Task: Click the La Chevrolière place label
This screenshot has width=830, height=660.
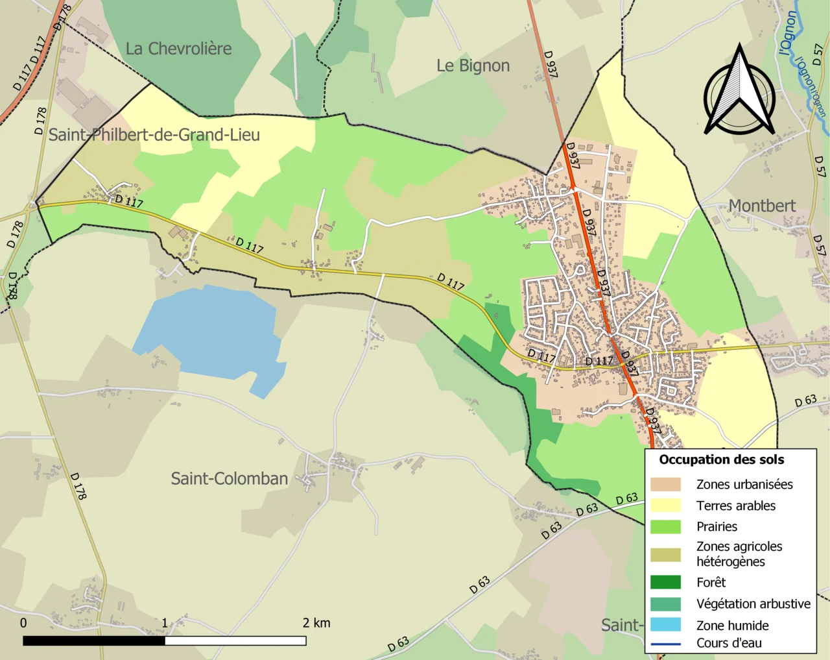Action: click(x=178, y=49)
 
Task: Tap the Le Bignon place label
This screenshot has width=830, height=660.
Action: click(x=473, y=66)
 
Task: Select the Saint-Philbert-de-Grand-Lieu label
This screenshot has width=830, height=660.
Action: click(x=154, y=135)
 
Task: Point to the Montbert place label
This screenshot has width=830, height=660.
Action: click(x=761, y=206)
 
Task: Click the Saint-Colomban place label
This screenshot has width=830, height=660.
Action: click(x=229, y=479)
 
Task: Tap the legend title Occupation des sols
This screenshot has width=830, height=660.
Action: click(x=721, y=459)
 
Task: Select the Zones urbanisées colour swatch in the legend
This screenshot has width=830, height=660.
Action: click(x=665, y=484)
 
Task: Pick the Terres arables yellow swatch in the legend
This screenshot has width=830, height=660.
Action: click(x=665, y=506)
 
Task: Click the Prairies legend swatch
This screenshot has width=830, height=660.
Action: click(x=665, y=526)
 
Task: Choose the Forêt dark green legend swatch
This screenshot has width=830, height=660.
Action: click(x=665, y=582)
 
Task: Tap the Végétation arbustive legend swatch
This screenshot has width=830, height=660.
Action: click(x=665, y=604)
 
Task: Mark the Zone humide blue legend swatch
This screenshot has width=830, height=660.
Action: click(x=665, y=625)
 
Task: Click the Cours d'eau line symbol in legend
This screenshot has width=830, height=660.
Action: click(x=665, y=644)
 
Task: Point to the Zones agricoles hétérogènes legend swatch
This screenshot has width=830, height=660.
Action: click(x=665, y=554)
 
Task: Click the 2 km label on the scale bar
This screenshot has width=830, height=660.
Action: click(x=316, y=623)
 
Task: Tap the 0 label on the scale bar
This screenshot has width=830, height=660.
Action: click(x=23, y=623)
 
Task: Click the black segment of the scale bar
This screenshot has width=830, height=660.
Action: click(x=94, y=641)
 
